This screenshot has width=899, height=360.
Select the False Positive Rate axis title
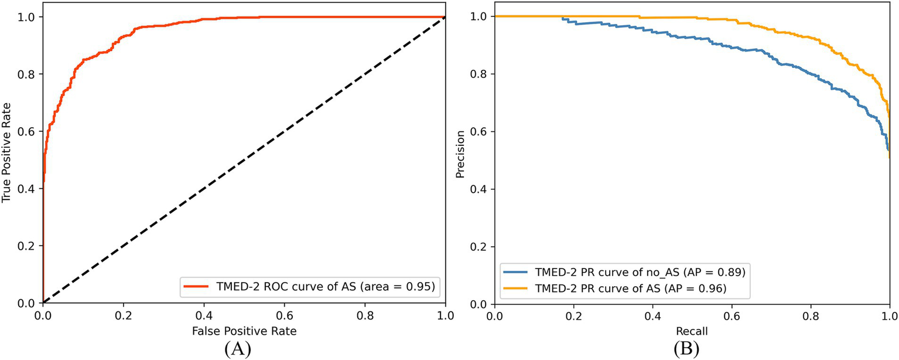tap(244, 331)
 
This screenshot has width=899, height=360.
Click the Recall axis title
tap(692, 331)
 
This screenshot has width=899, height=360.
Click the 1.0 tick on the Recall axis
tap(889, 314)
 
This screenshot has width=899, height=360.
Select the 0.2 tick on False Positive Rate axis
tap(124, 314)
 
